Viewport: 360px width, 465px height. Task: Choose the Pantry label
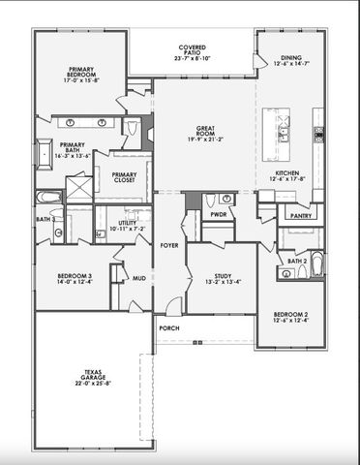click(x=301, y=217)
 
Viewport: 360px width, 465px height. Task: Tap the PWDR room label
click(x=219, y=215)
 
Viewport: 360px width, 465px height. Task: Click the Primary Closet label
click(x=124, y=177)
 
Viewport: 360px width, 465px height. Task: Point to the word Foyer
click(x=169, y=245)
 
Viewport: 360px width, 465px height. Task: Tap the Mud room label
click(x=139, y=277)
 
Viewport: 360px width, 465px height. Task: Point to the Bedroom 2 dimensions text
click(x=290, y=322)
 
